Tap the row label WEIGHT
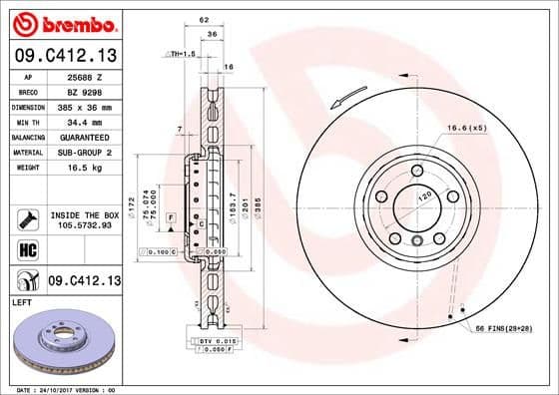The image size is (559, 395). [x=25, y=167]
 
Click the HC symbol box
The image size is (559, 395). [x=25, y=249]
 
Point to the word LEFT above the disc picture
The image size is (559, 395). [x=22, y=301]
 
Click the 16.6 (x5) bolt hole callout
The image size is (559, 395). [x=467, y=128]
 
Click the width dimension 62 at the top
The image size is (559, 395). [x=204, y=19]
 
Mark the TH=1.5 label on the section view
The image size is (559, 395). [x=181, y=53]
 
